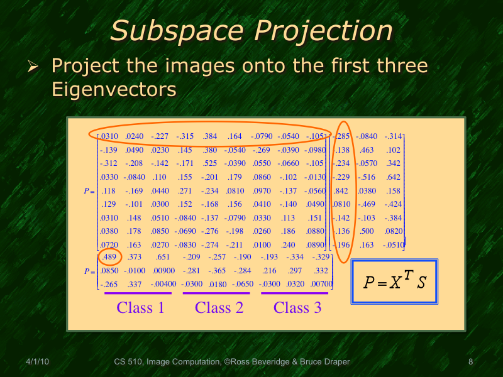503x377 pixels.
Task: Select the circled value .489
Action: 109,257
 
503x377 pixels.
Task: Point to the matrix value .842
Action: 341,190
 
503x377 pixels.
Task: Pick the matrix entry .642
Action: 393,177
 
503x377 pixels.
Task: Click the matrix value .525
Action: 210,163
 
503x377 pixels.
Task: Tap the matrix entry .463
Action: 367,150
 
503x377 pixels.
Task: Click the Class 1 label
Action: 140,308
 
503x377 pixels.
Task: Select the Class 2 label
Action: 219,308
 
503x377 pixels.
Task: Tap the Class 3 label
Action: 297,308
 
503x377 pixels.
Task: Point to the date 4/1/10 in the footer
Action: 37,362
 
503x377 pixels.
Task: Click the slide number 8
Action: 470,362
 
